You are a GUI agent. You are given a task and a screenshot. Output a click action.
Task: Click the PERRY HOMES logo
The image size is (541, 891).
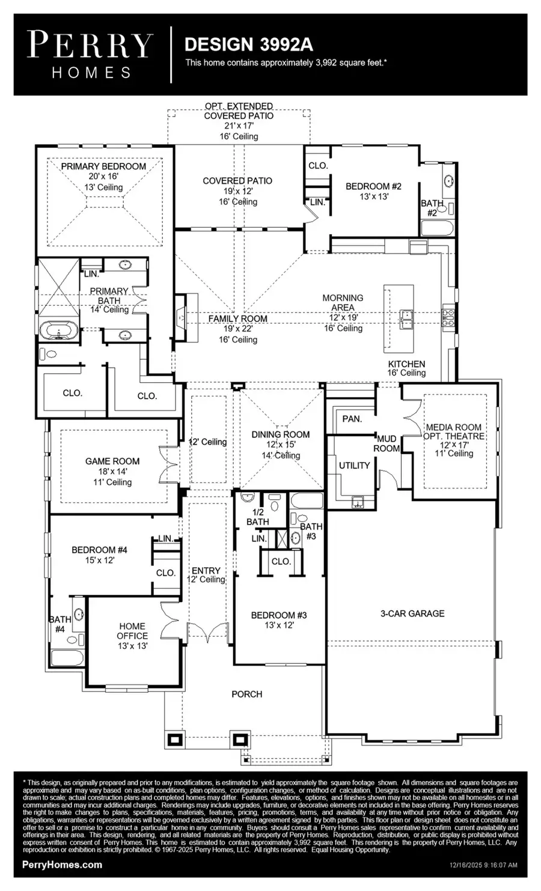[x=90, y=55]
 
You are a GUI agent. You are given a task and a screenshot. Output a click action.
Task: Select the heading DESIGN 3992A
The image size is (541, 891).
[x=248, y=44]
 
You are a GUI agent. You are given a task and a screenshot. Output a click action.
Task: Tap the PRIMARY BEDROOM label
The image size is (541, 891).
[x=103, y=166]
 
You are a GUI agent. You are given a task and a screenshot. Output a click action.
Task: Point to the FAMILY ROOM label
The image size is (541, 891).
[x=237, y=318]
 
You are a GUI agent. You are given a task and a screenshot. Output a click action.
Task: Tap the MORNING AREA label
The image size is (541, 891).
[x=343, y=302]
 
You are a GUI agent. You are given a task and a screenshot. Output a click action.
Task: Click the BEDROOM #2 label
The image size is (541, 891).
[x=373, y=186]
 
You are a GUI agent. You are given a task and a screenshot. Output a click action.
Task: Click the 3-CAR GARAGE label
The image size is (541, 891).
[x=412, y=613]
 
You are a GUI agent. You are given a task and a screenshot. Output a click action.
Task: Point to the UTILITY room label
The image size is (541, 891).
[x=354, y=465]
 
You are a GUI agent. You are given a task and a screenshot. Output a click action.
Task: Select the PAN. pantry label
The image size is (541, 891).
[x=352, y=419]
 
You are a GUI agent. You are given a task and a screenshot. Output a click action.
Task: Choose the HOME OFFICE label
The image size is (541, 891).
[x=132, y=631]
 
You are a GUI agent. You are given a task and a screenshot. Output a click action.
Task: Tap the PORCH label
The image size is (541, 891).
[x=246, y=694]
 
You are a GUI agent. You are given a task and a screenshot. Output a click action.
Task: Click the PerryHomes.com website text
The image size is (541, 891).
[x=62, y=865]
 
